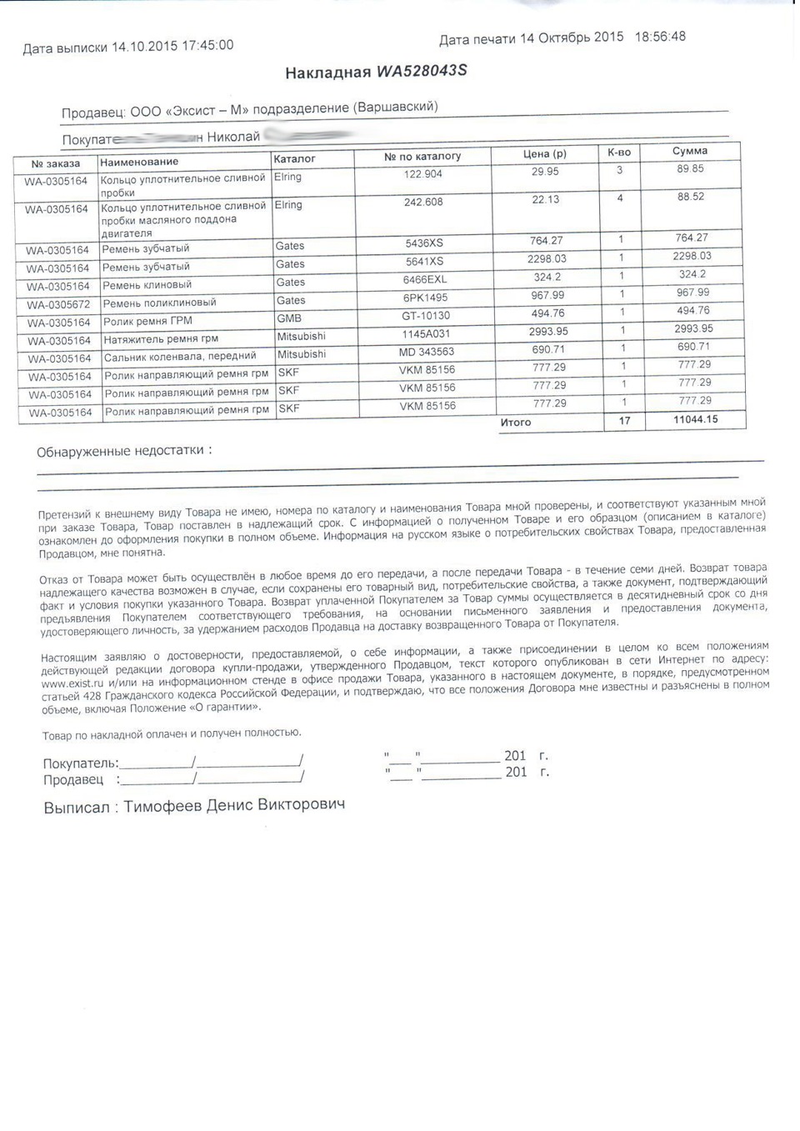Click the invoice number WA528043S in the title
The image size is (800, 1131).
click(422, 71)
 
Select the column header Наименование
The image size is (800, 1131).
click(139, 162)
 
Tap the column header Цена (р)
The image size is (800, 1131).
click(544, 153)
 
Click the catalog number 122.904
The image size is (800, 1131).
click(423, 174)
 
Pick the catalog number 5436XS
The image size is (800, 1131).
click(424, 243)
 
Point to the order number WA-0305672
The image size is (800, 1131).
click(57, 305)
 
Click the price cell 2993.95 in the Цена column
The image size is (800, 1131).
click(547, 332)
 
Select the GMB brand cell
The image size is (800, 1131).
click(289, 318)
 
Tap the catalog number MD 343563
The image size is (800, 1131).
click(427, 352)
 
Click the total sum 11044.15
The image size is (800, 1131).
click(695, 419)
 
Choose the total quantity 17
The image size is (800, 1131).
click(624, 421)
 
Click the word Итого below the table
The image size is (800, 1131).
click(515, 423)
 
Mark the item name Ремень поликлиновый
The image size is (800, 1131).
click(159, 303)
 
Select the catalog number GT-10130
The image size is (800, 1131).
click(426, 316)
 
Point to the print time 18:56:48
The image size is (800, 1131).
click(660, 37)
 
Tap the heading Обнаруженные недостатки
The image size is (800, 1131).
click(120, 451)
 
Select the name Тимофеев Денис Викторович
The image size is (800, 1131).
click(234, 805)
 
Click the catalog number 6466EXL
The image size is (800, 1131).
click(425, 280)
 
